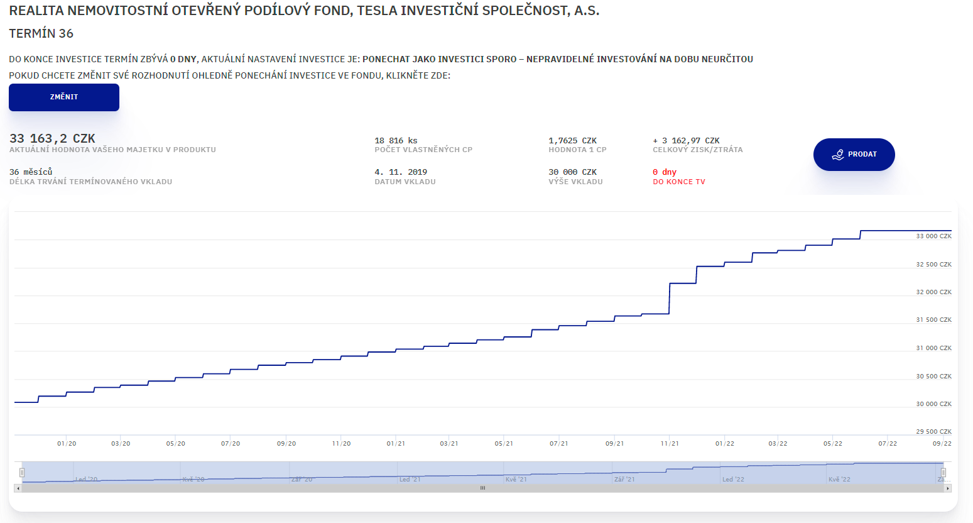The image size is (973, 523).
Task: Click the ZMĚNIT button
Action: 64,97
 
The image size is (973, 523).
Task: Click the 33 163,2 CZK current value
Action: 52,138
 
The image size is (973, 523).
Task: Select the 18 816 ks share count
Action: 396,141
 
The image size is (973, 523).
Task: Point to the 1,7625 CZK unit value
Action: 572,141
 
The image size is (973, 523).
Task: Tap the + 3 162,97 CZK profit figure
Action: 686,141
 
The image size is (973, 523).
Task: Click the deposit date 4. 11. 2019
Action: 401,172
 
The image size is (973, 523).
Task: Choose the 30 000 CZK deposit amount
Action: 572,172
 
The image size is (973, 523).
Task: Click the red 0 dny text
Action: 665,172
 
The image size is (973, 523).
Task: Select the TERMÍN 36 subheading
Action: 41,34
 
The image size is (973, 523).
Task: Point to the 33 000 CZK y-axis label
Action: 933,236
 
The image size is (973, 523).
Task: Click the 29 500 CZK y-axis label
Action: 933,432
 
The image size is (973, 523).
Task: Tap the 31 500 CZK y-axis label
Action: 933,320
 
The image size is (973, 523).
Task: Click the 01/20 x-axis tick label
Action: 67,444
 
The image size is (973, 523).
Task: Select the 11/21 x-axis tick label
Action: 670,444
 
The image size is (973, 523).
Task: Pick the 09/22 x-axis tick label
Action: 942,444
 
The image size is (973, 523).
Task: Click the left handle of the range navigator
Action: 22,472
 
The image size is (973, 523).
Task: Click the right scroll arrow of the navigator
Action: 948,488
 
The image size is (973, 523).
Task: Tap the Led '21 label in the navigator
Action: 410,480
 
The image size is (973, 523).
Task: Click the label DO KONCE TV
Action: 679,182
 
